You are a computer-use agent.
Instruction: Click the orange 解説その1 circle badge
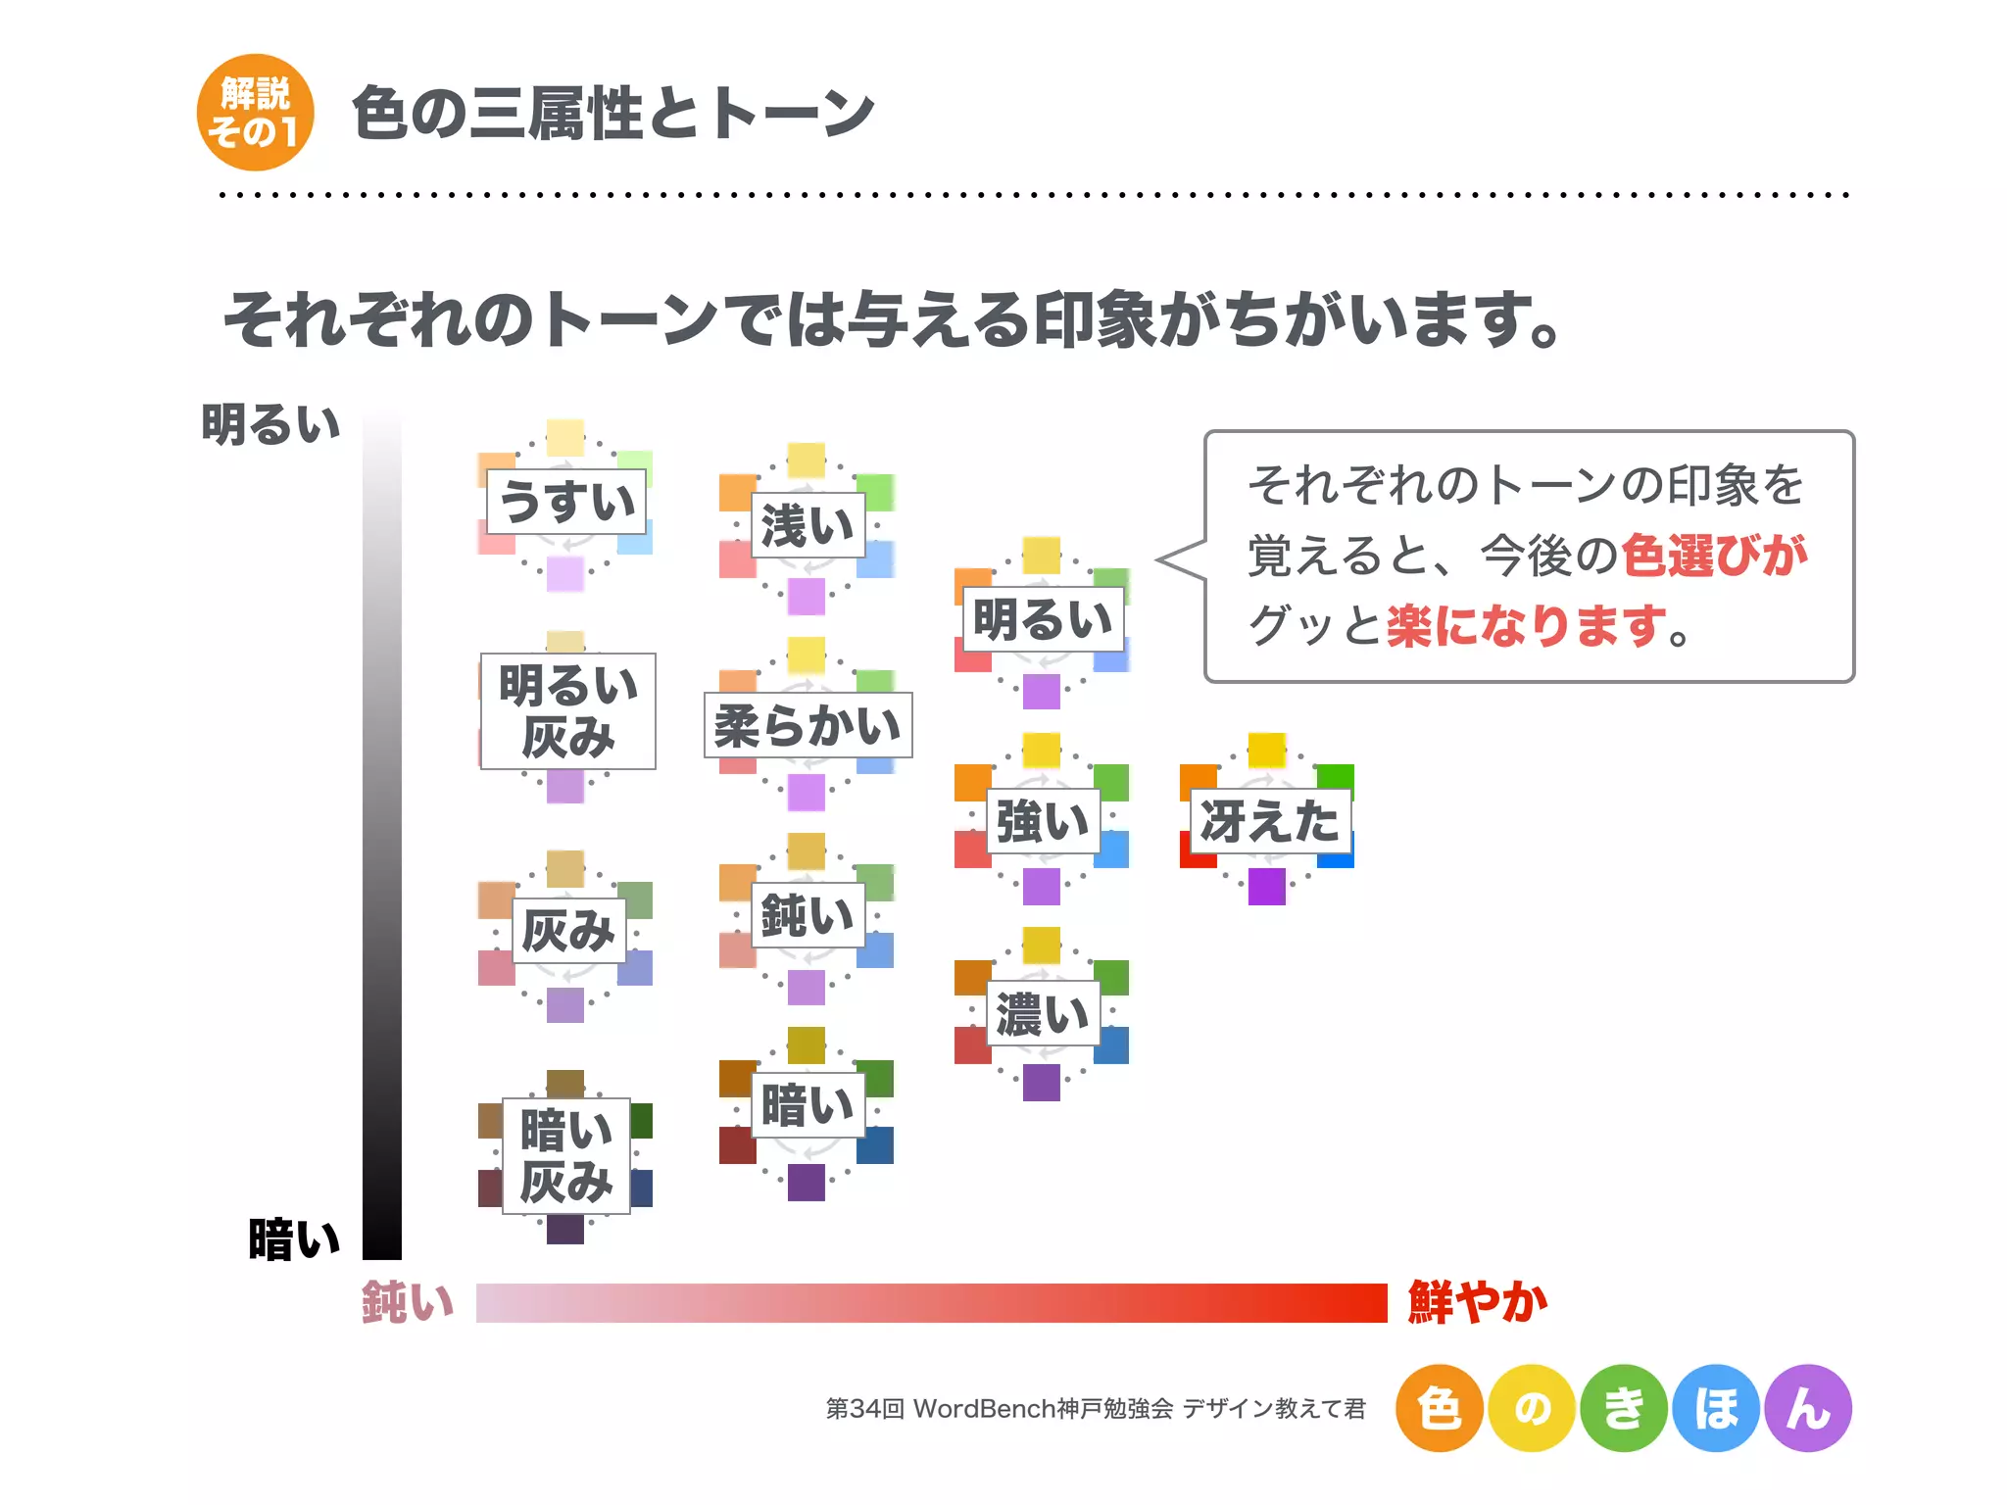coord(255,113)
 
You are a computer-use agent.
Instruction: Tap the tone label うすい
coord(566,502)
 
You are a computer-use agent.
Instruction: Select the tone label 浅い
coord(808,525)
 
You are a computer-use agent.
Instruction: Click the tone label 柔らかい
coord(808,725)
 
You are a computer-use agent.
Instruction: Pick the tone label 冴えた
coord(1269,820)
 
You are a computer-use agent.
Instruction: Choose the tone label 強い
coord(1043,821)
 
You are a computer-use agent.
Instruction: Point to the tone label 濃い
coord(1043,1013)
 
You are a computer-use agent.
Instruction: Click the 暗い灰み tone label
coord(565,1156)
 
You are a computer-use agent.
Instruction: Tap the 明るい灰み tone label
coord(567,711)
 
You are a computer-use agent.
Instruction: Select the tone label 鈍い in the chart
coord(808,915)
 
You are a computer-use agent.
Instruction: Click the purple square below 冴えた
coord(1266,887)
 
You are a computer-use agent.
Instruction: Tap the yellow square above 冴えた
coord(1266,751)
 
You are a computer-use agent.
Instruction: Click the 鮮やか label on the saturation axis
coord(1478,1302)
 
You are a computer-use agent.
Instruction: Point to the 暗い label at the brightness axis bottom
coord(293,1238)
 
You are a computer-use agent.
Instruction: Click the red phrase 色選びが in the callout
coord(1714,556)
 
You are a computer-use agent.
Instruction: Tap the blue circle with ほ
coord(1715,1408)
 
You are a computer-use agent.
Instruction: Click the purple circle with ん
coord(1807,1408)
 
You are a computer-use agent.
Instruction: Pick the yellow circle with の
coord(1531,1408)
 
